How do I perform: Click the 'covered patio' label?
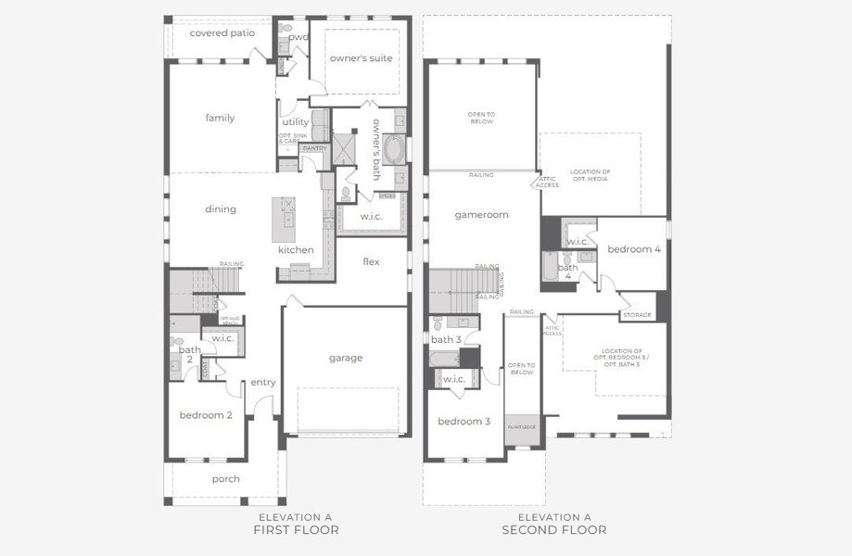click(222, 32)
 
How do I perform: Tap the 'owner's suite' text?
click(361, 58)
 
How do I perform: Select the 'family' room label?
click(220, 118)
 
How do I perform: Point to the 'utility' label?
click(295, 121)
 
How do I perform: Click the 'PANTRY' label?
click(314, 148)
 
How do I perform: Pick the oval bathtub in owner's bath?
click(392, 148)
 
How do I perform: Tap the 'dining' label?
click(220, 208)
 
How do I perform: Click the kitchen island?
click(286, 221)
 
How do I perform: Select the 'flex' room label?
click(371, 261)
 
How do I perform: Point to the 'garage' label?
click(345, 358)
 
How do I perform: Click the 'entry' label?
click(262, 382)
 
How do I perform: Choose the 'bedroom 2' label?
click(206, 415)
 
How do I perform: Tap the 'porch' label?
click(225, 479)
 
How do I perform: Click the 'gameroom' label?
click(481, 214)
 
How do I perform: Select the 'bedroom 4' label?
click(634, 249)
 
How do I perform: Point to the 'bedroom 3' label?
click(464, 421)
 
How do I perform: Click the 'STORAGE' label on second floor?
click(637, 315)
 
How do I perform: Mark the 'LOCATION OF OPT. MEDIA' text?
click(591, 176)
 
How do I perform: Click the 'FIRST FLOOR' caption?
click(296, 530)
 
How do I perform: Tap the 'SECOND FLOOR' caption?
click(553, 530)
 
